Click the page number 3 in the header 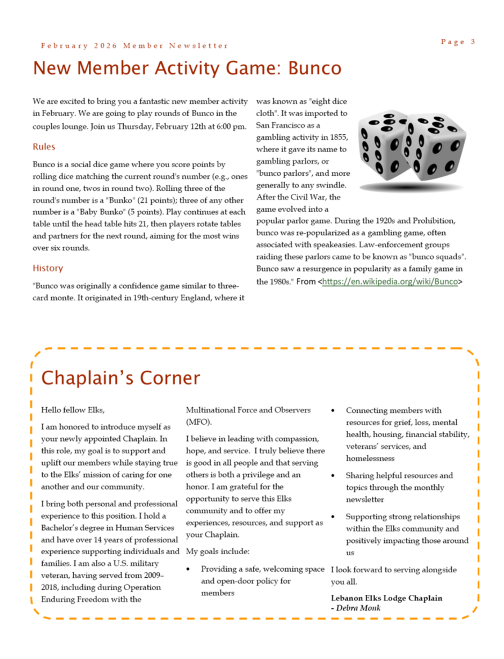(473, 42)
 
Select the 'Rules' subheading (44, 147)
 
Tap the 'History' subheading (48, 268)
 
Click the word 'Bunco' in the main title (314, 68)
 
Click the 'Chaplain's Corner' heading (120, 377)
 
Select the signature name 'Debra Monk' (359, 608)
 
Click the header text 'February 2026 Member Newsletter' (134, 46)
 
